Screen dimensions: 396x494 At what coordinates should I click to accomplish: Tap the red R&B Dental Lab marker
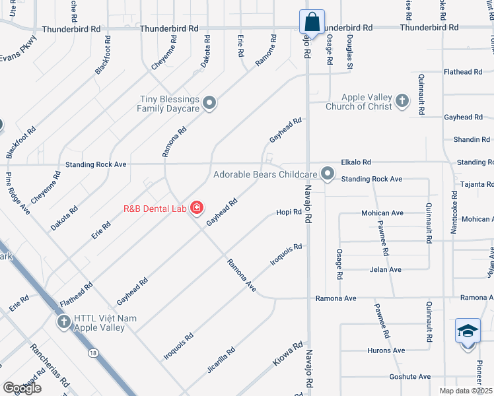[x=196, y=209]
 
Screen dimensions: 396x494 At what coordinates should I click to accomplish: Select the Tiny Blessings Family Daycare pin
[x=209, y=102]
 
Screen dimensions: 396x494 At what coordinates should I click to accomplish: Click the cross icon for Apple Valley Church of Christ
[x=402, y=102]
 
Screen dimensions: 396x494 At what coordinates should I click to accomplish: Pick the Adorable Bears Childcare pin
[x=328, y=174]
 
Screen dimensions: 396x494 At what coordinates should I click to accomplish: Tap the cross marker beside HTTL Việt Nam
[x=63, y=322]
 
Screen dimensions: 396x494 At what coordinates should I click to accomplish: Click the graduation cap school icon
[x=468, y=329]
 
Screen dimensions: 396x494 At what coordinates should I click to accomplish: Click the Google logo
[x=22, y=388]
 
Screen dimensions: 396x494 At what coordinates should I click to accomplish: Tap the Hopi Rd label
[x=289, y=212]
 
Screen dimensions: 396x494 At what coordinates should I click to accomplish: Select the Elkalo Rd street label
[x=356, y=162]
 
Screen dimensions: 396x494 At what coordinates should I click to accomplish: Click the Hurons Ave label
[x=387, y=350]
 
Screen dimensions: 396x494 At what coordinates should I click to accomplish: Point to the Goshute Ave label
[x=410, y=376]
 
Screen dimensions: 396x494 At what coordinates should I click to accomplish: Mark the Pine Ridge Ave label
[x=18, y=193]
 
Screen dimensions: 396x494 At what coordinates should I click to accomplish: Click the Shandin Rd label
[x=472, y=139]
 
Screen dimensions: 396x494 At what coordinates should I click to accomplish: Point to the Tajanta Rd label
[x=477, y=184]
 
